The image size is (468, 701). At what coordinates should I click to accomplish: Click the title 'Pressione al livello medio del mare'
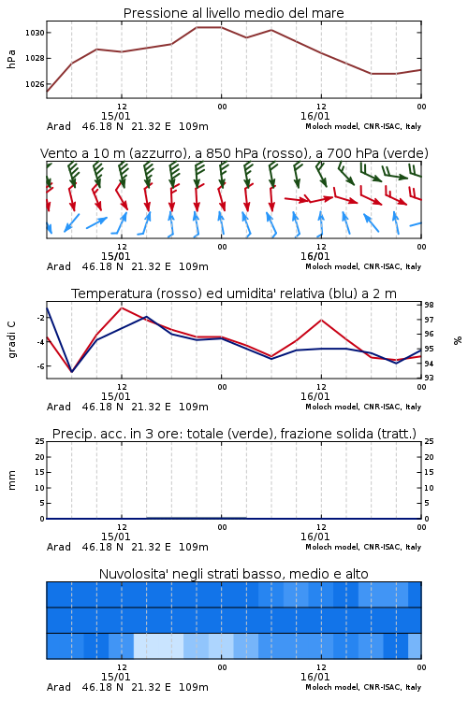point(233,13)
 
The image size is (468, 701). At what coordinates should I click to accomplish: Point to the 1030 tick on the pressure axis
point(35,33)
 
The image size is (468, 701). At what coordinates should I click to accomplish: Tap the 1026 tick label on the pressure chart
point(35,84)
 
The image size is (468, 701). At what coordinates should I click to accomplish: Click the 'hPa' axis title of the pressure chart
point(11,59)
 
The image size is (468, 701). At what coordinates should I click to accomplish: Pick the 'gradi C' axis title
point(12,340)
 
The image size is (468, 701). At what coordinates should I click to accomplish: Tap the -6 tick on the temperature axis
point(39,366)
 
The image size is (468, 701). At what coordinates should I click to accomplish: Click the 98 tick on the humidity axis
point(429,305)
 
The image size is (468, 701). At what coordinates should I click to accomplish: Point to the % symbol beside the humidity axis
point(458,340)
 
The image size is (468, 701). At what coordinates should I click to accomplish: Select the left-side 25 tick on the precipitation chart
point(40,441)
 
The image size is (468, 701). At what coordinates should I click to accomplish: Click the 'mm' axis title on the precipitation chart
point(12,480)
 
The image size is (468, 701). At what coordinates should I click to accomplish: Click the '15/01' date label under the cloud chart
point(115,677)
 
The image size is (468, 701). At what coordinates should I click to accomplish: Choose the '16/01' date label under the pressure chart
point(314,116)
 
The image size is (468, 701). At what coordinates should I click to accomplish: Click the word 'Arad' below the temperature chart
point(59,407)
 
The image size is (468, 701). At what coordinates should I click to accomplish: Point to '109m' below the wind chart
point(194,267)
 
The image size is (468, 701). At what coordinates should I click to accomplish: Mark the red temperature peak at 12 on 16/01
point(321,320)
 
